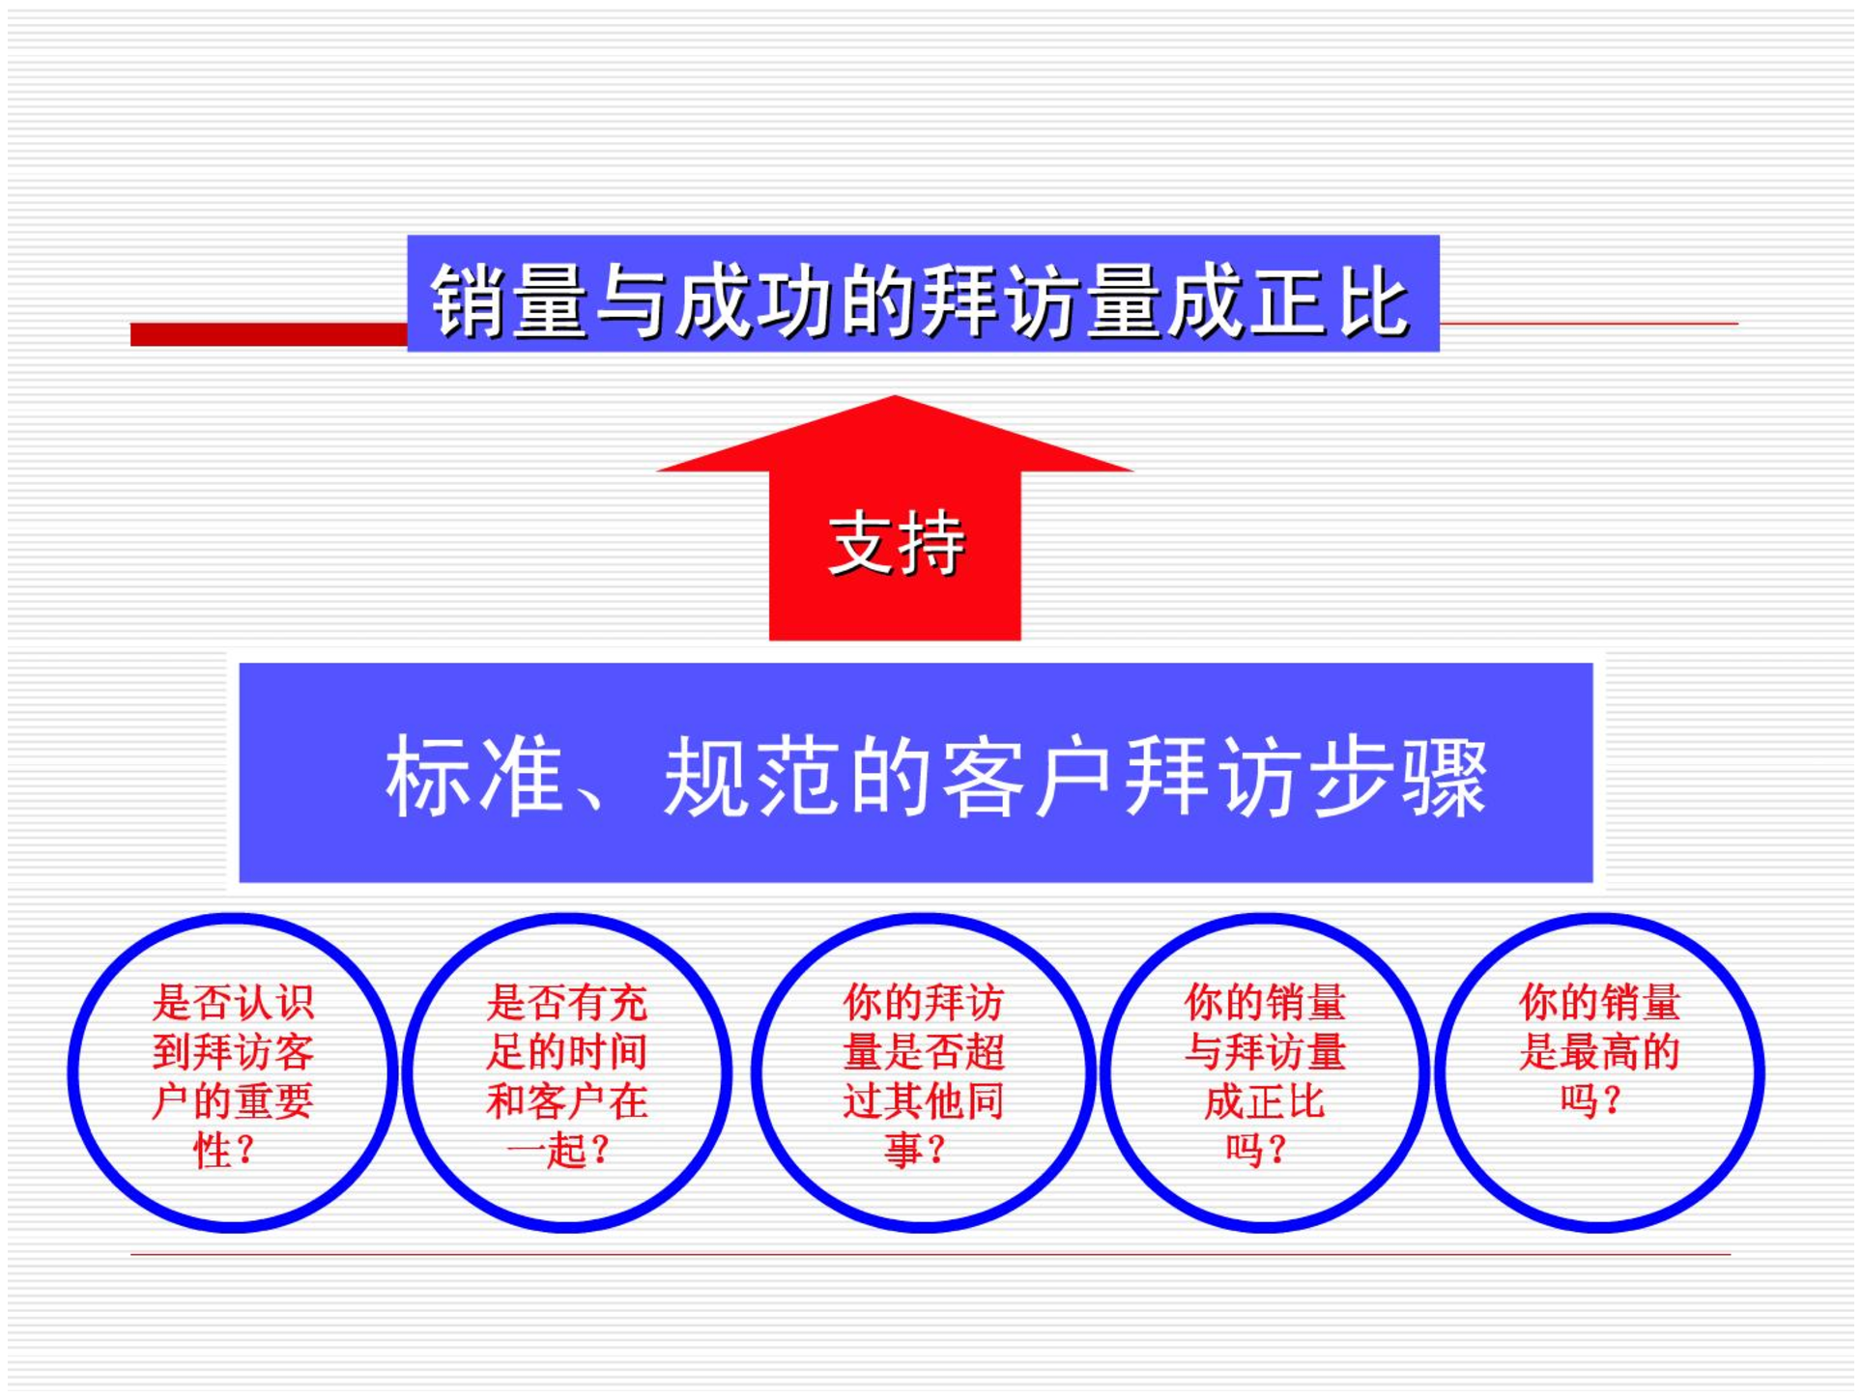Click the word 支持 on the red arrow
tap(897, 543)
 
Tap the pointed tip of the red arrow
tap(895, 396)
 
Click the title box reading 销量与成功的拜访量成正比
tap(923, 293)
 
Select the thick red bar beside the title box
tap(269, 334)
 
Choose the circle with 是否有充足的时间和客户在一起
tap(407, 1072)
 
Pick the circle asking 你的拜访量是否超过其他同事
tap(757, 1072)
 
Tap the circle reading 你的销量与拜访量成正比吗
tap(1105, 1072)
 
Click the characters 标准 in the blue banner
tap(474, 777)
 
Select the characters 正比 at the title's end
tap(1329, 301)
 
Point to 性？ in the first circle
tap(224, 1150)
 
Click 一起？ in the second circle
tap(559, 1150)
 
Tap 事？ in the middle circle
tap(915, 1150)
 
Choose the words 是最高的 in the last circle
tap(1599, 1051)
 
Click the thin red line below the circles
tap(931, 1255)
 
